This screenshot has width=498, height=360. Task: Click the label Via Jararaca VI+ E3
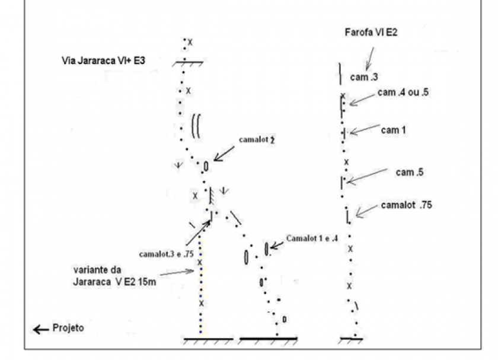pyautogui.click(x=103, y=60)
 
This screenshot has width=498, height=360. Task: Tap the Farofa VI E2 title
pyautogui.click(x=371, y=33)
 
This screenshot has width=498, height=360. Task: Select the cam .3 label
pyautogui.click(x=364, y=77)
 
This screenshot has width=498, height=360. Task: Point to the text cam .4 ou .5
pyautogui.click(x=403, y=92)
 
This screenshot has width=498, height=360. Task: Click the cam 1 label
pyautogui.click(x=393, y=130)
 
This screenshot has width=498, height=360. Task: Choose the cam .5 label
pyautogui.click(x=410, y=172)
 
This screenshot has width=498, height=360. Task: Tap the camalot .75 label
pyautogui.click(x=407, y=205)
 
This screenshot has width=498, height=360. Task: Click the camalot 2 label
pyautogui.click(x=257, y=139)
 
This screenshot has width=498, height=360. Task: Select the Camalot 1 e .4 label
pyautogui.click(x=312, y=238)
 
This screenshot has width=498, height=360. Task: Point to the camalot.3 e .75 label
pyautogui.click(x=166, y=254)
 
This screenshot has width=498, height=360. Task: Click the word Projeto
pyautogui.click(x=68, y=327)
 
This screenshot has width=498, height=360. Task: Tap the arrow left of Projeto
pyautogui.click(x=41, y=330)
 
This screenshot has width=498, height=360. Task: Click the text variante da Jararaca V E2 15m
pyautogui.click(x=114, y=276)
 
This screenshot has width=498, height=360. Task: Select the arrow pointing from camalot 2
pyautogui.click(x=224, y=154)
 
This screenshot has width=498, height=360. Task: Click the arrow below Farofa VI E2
pyautogui.click(x=370, y=59)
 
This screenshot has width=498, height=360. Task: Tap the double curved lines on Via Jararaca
pyautogui.click(x=196, y=126)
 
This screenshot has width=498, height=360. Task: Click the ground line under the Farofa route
pyautogui.click(x=351, y=339)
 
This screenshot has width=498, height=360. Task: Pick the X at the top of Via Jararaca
pyautogui.click(x=190, y=42)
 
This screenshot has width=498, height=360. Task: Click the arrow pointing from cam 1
pyautogui.click(x=365, y=129)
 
